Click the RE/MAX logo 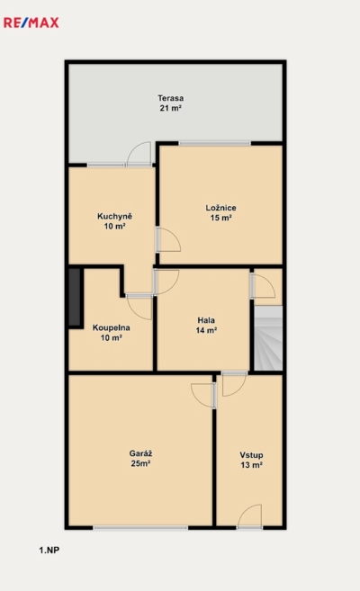[31, 22]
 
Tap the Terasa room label [171, 98]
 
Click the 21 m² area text [171, 108]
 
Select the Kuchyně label [114, 217]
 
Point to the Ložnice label [220, 208]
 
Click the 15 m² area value [220, 218]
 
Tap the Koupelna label [112, 327]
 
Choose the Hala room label [206, 320]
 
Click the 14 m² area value [206, 330]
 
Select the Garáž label [140, 453]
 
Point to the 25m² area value [140, 463]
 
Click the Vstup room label [251, 455]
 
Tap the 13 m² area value [251, 465]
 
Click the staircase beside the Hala [268, 338]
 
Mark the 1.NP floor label [49, 551]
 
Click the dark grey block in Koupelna [75, 298]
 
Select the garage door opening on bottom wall [140, 528]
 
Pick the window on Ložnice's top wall [214, 143]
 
